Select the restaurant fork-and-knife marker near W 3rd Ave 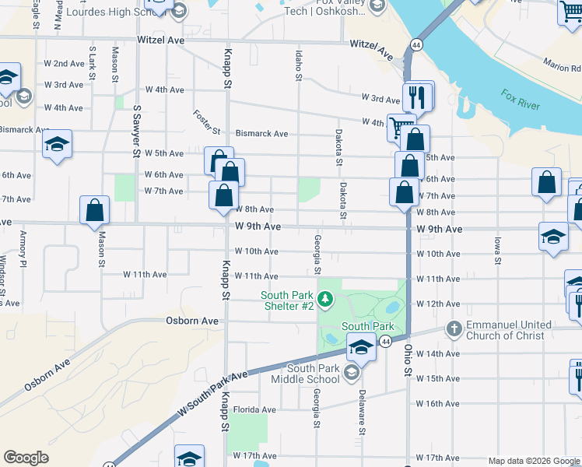click(418, 97)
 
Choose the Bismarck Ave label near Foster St click(261, 134)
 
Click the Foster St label click(209, 121)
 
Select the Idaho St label click(298, 65)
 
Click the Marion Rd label click(563, 65)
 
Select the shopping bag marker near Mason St click(94, 211)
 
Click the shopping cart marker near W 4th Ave click(400, 128)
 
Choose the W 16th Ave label click(438, 403)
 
